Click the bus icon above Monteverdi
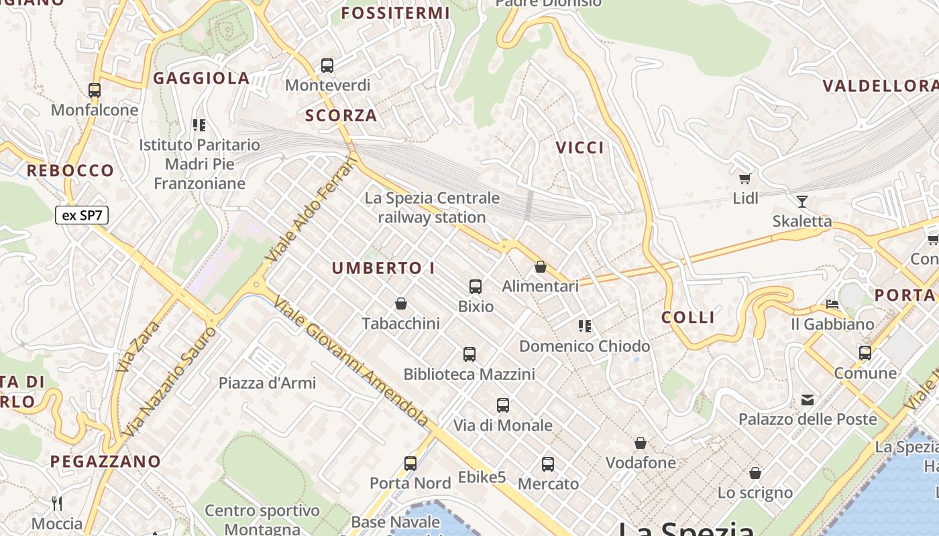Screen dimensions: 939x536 point(327,66)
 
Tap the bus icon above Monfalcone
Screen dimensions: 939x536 point(95,90)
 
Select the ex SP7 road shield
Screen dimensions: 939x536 point(82,215)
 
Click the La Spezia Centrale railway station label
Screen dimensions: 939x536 point(432,208)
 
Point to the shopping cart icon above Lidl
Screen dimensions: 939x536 point(745,178)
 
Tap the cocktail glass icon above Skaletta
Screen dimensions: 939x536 point(802,201)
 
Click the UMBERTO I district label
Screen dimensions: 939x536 point(383,269)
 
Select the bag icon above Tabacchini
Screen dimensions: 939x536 point(401,304)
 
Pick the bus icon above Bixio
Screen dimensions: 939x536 point(476,287)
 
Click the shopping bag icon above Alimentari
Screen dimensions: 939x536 point(541,267)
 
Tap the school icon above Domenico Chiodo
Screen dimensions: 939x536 point(585,326)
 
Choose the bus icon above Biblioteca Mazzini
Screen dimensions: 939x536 point(469,354)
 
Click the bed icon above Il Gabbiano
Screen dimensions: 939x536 point(832,304)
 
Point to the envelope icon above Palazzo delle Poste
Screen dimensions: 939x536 point(808,400)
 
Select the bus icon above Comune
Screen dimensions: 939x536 point(865,352)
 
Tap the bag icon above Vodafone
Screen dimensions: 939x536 point(641,443)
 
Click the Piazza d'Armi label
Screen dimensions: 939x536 point(267,383)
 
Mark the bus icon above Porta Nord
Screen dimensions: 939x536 point(410,463)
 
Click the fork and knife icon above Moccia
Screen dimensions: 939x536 point(57,503)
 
